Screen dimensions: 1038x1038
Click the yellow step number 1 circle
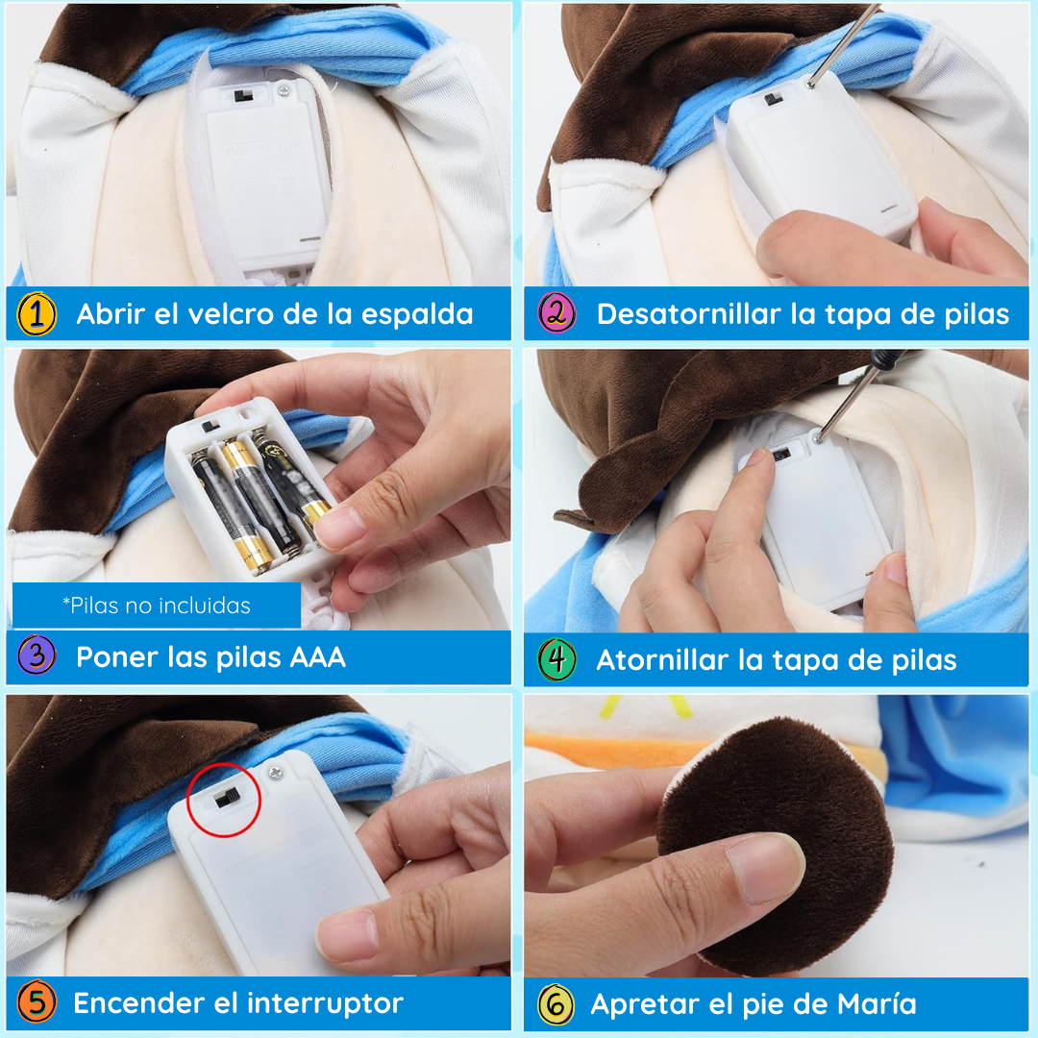click(x=37, y=314)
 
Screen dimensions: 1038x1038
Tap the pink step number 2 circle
click(x=556, y=314)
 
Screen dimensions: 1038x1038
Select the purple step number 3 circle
click(x=37, y=657)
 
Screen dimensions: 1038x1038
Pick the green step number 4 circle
click(x=556, y=660)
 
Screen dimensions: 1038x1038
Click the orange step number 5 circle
click(x=37, y=1003)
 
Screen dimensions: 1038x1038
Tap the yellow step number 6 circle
click(x=556, y=1004)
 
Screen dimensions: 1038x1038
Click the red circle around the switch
click(x=224, y=800)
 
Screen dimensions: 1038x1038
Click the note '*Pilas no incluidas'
click(x=156, y=605)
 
